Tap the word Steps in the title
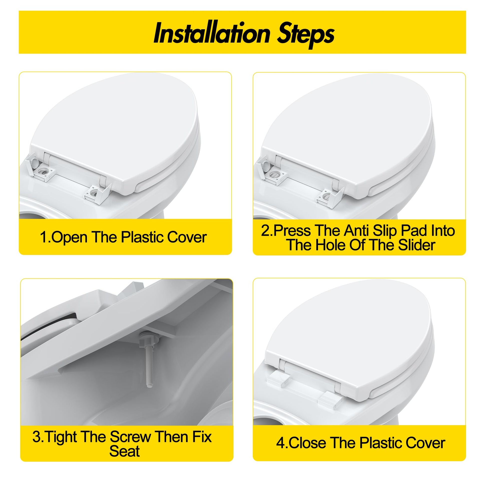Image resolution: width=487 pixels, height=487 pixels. tap(306, 35)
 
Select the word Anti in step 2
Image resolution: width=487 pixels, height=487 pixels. tap(356, 230)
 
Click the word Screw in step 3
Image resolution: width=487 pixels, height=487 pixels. tap(130, 437)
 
